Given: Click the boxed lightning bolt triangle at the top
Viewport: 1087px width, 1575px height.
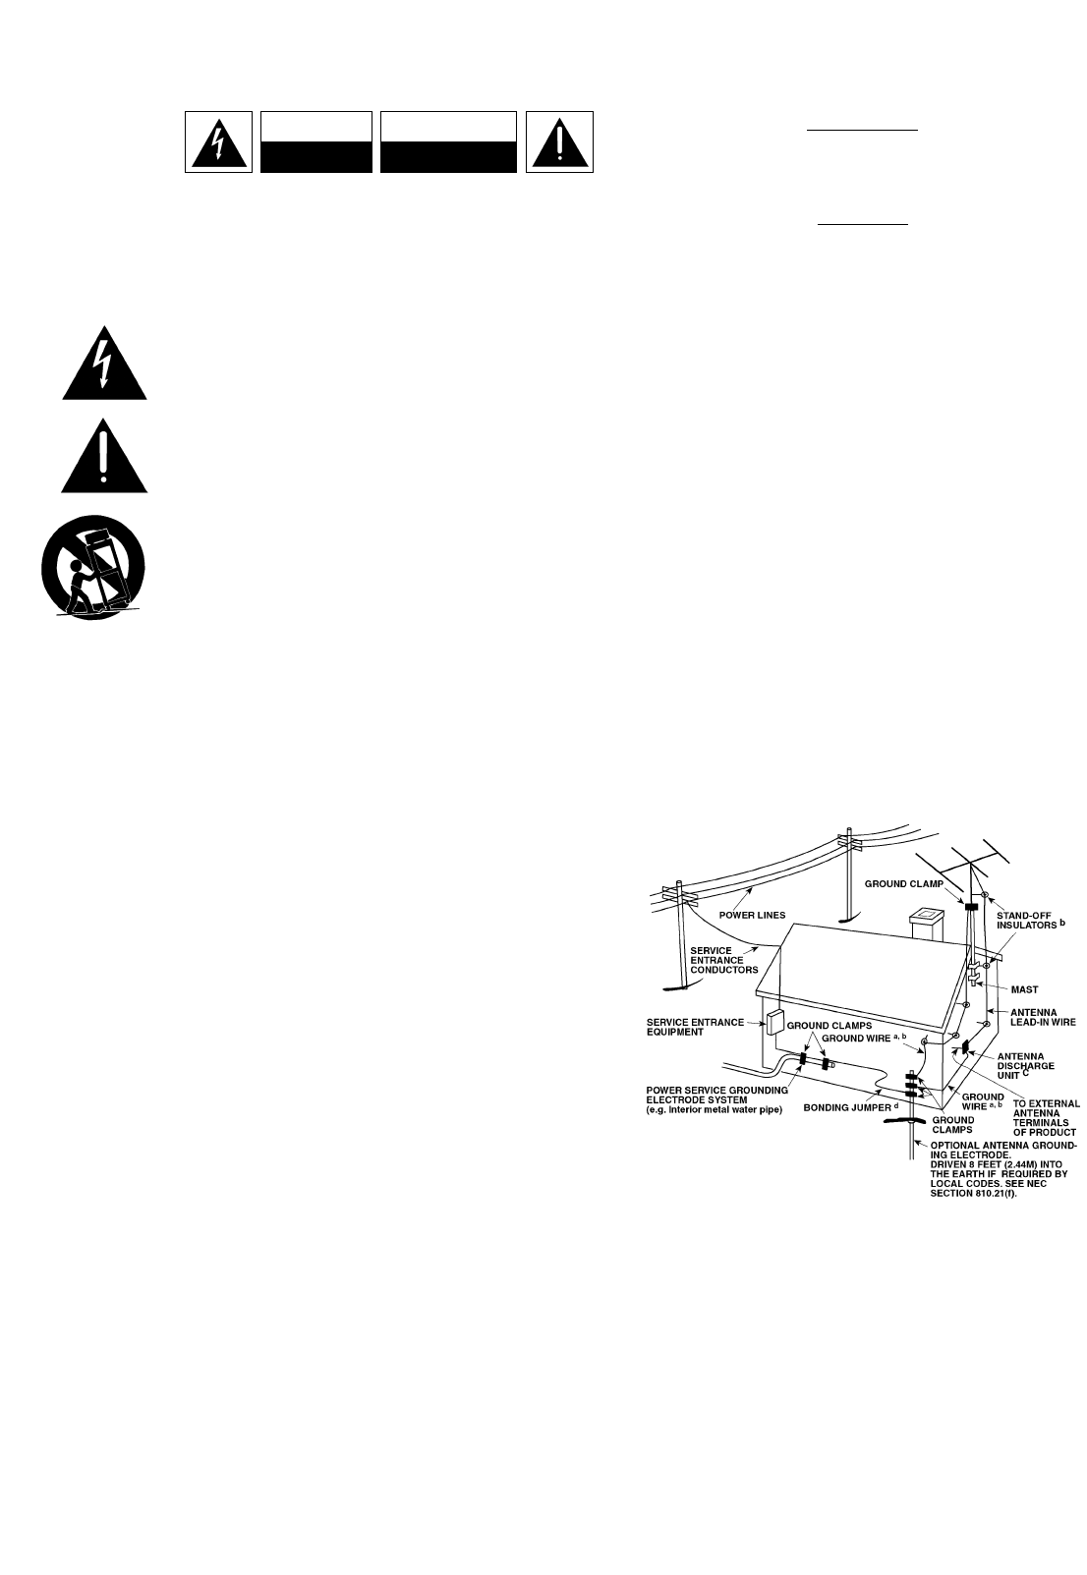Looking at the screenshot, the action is pos(218,142).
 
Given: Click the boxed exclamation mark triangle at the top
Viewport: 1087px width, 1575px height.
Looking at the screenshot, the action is pos(559,142).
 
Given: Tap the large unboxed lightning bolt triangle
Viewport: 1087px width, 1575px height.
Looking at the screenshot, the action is pos(104,365).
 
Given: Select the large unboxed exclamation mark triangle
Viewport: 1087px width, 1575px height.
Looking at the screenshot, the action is pos(104,457).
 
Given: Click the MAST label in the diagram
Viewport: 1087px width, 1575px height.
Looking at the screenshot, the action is pos(1024,989).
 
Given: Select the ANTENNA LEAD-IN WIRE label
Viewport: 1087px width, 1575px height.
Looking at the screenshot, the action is pos(1043,1017).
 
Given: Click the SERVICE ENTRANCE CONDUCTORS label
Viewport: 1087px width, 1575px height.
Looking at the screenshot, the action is pos(724,960).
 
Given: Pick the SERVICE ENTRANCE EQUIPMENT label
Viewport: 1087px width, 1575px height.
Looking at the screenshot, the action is pos(695,1027).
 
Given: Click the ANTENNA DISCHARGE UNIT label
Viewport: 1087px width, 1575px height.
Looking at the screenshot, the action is pos(1026,1065).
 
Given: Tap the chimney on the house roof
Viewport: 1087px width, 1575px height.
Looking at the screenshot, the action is pos(926,925).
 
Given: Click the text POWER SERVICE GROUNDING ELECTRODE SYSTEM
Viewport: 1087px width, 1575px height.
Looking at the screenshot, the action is pos(716,1095).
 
